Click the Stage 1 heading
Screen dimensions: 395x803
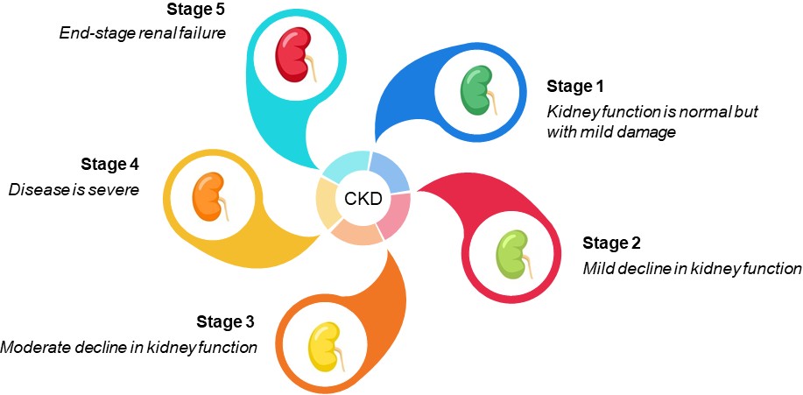575,86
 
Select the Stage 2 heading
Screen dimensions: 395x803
612,243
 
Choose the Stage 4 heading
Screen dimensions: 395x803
110,164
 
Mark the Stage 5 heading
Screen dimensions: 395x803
195,11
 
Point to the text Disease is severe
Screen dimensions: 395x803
74,189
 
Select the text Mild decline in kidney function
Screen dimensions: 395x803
692,268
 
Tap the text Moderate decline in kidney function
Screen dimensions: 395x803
129,347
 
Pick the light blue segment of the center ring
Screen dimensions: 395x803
390,173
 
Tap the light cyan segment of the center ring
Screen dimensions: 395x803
345,166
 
